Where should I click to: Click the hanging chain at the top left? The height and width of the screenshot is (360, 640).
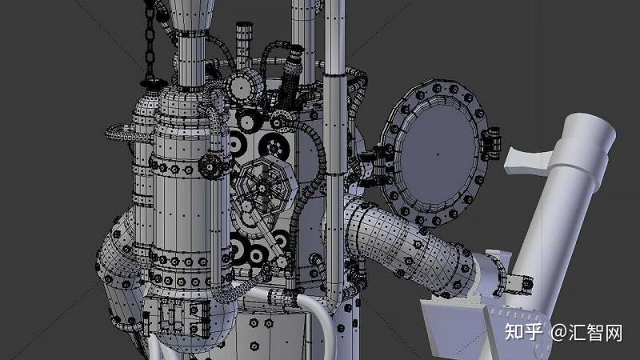click(x=150, y=41)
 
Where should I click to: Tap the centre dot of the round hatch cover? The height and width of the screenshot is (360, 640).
click(x=438, y=154)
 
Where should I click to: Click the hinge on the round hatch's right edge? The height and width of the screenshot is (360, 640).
click(x=491, y=144)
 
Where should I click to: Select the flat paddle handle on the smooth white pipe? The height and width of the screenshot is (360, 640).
click(x=526, y=162)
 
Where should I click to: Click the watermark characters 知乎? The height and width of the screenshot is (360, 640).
click(x=524, y=332)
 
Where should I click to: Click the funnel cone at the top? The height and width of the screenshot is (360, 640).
click(x=191, y=14)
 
